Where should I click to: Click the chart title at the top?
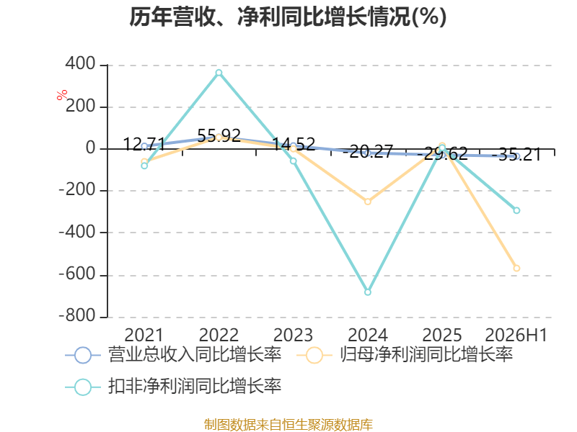pyautogui.click(x=288, y=17)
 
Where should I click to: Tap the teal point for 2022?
pyautogui.click(x=219, y=73)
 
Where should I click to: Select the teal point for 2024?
pyautogui.click(x=368, y=292)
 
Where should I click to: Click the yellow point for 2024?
pyautogui.click(x=368, y=202)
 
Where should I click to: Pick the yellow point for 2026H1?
pyautogui.click(x=516, y=269)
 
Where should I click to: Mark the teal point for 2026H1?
pyautogui.click(x=516, y=210)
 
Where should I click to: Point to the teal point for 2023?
pyautogui.click(x=294, y=161)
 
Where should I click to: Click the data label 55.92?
pyautogui.click(x=219, y=135)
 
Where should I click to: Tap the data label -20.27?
pyautogui.click(x=368, y=151)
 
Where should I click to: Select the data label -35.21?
pyautogui.click(x=516, y=154)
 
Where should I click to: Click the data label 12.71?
pyautogui.click(x=144, y=144)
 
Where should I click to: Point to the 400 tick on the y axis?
pyautogui.click(x=81, y=64)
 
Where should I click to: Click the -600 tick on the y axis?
pyautogui.click(x=77, y=274)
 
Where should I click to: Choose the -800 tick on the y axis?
pyautogui.click(x=77, y=315)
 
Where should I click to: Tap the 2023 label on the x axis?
pyautogui.click(x=294, y=335)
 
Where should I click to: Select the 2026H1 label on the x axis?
pyautogui.click(x=516, y=335)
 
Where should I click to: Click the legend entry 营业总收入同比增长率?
pyautogui.click(x=173, y=355)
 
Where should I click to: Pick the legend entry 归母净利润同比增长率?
pyautogui.click(x=405, y=355)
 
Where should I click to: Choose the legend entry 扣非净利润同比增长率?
pyautogui.click(x=173, y=387)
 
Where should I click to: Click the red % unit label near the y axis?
pyautogui.click(x=62, y=95)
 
